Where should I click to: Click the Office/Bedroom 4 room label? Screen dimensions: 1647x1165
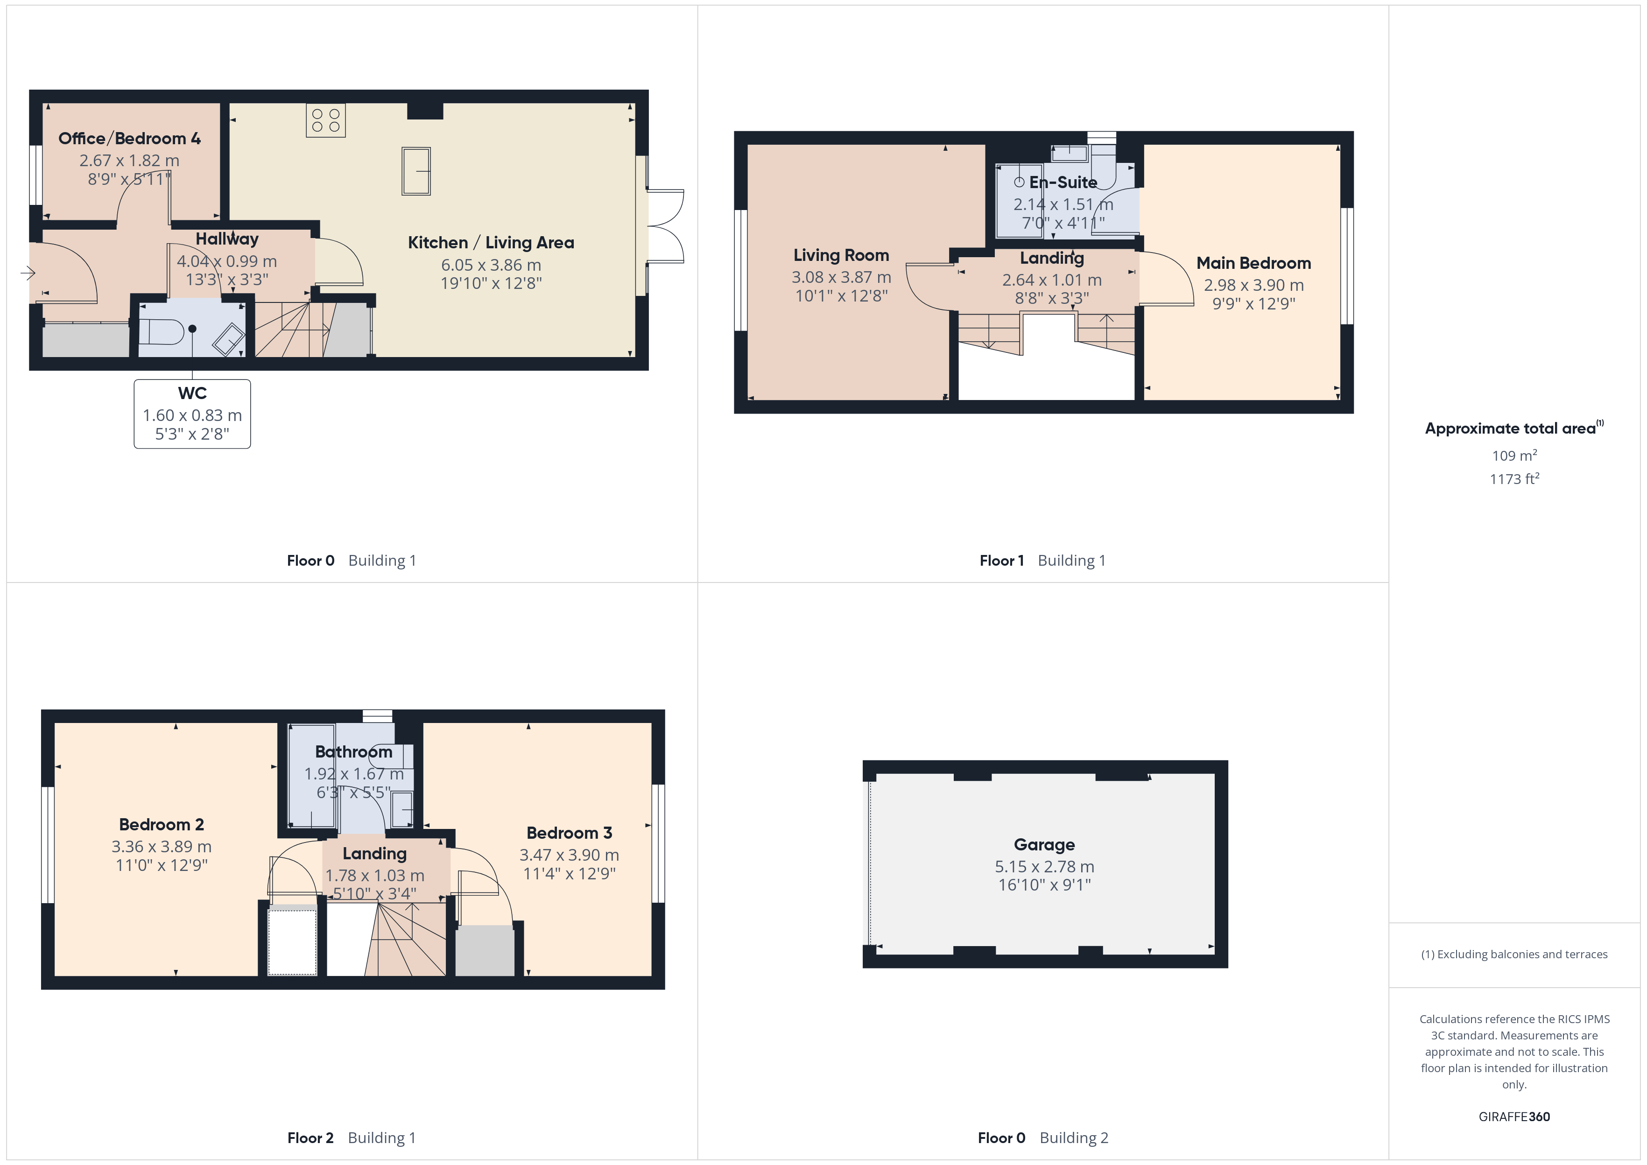[129, 139]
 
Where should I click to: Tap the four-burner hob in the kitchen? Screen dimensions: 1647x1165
[326, 120]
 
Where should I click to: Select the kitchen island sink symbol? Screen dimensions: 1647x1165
[416, 171]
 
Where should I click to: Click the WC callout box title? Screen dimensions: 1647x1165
[192, 393]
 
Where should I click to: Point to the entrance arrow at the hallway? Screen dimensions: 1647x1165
[28, 273]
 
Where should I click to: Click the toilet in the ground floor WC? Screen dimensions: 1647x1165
[162, 332]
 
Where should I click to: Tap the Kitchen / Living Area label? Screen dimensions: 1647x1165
[492, 242]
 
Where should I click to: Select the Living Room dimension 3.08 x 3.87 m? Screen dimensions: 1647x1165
[841, 277]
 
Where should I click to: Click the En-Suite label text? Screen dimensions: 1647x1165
[1063, 182]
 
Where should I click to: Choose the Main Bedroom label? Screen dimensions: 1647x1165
[1254, 263]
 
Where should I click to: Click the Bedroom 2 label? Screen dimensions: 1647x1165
[162, 824]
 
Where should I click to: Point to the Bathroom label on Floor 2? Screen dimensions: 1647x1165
[354, 752]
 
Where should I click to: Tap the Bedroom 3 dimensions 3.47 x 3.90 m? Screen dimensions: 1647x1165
[570, 855]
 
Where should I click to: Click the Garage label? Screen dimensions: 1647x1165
[1044, 845]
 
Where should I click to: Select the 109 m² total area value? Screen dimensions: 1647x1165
[1514, 456]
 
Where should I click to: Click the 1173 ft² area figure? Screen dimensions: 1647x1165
[1514, 478]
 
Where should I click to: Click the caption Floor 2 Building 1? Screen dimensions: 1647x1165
[352, 1138]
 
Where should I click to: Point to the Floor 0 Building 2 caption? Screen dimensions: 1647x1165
[1043, 1138]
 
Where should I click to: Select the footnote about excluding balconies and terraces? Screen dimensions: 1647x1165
[1514, 954]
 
